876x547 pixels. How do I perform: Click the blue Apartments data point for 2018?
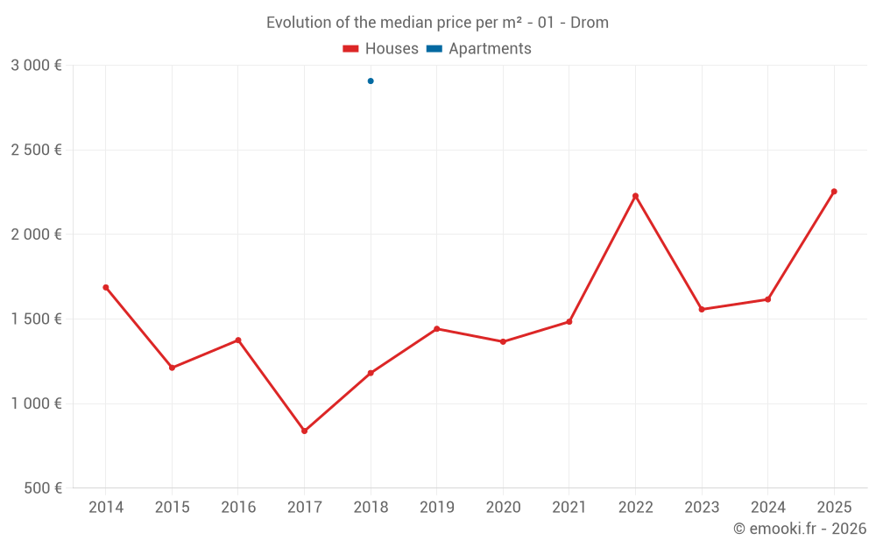tap(371, 81)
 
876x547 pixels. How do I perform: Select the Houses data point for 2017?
tap(304, 431)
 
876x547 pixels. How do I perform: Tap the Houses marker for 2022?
tap(635, 196)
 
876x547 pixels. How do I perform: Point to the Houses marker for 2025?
tap(834, 192)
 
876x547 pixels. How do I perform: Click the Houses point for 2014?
tap(106, 287)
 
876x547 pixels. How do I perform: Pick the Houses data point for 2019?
tap(437, 329)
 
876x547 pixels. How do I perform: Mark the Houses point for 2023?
tap(702, 309)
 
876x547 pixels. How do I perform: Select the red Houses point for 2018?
tap(371, 373)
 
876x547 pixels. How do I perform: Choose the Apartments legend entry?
tap(489, 49)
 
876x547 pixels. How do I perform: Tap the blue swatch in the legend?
tap(434, 49)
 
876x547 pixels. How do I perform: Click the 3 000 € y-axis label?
tap(36, 66)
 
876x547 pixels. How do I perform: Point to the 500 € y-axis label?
tap(42, 488)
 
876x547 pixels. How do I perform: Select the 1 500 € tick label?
tap(36, 319)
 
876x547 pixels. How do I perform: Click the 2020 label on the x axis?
tap(503, 508)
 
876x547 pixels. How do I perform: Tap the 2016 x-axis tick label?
tap(238, 508)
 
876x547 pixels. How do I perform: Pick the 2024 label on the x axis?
tap(767, 508)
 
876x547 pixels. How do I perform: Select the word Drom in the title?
tap(590, 23)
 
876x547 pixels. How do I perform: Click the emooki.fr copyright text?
tap(799, 529)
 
